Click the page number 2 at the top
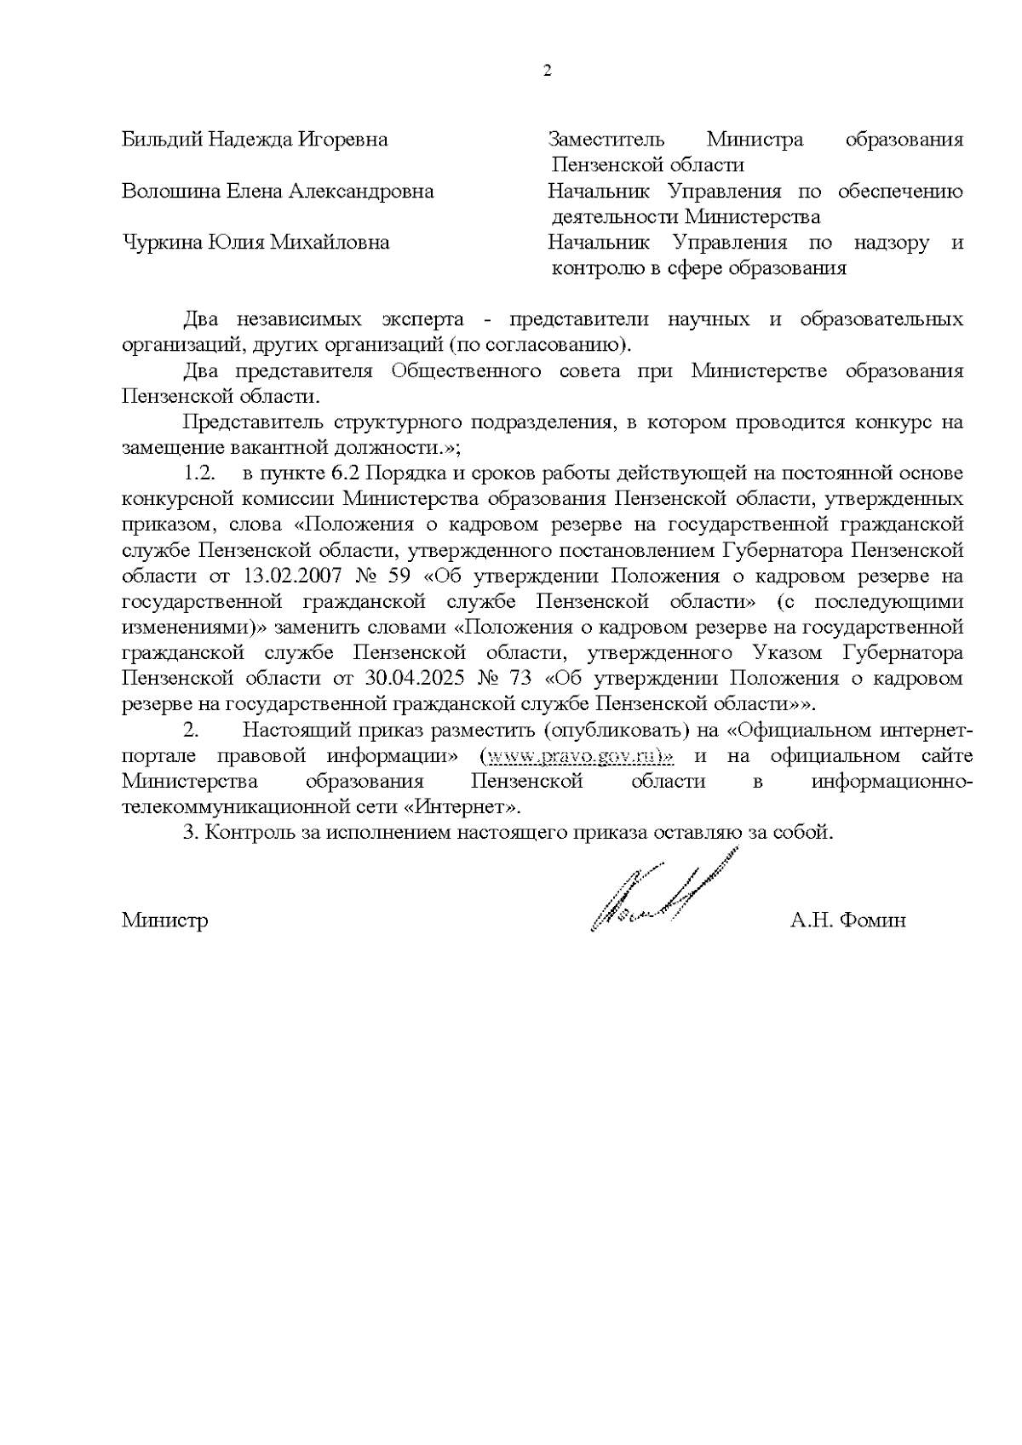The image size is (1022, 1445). [x=548, y=71]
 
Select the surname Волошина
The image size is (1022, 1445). [x=170, y=191]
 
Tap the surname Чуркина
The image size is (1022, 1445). [x=160, y=243]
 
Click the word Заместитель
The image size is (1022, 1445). [x=606, y=139]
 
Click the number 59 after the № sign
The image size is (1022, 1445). [x=399, y=576]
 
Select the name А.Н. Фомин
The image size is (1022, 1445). [x=847, y=920]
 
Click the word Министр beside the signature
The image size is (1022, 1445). [x=164, y=920]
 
